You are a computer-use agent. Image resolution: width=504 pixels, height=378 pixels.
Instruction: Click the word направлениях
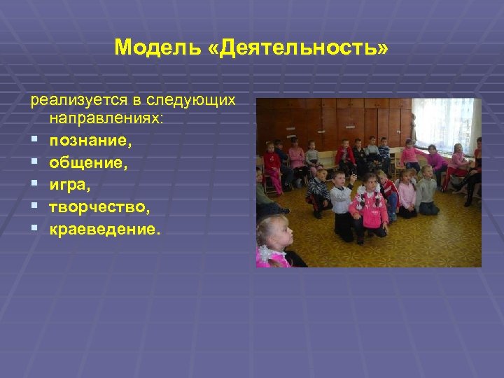(x=105, y=120)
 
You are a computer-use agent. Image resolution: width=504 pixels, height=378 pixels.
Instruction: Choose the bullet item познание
(x=90, y=141)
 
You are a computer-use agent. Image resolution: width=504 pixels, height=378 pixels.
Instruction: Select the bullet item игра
(x=70, y=185)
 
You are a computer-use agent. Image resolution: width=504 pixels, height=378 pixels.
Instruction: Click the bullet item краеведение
(x=104, y=230)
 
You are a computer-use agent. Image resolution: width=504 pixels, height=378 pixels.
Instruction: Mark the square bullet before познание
(x=33, y=141)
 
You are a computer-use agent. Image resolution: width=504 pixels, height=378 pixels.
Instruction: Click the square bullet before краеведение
(x=33, y=230)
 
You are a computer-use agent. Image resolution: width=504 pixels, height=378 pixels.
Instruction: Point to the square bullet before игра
(x=33, y=185)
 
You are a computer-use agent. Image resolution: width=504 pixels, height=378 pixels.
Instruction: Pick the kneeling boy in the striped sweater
(x=318, y=192)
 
